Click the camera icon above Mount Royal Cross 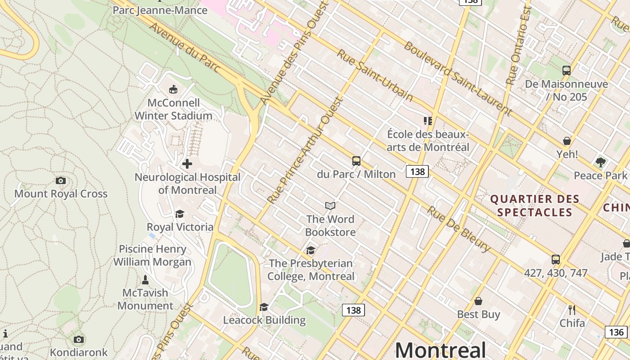point(61,180)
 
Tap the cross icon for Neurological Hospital point(187,164)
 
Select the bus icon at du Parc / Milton point(356,161)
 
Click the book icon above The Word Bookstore point(330,206)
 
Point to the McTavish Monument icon point(145,279)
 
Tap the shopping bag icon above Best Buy point(478,301)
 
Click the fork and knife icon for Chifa point(572,310)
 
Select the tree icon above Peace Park point(600,162)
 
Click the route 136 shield point(616,332)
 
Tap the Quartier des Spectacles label point(534,206)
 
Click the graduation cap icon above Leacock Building point(264,307)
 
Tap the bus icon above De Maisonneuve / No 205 point(566,71)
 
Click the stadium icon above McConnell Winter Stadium point(173,89)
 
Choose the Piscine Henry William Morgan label point(152,255)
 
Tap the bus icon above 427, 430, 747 point(556,260)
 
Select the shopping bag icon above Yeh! point(567,141)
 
